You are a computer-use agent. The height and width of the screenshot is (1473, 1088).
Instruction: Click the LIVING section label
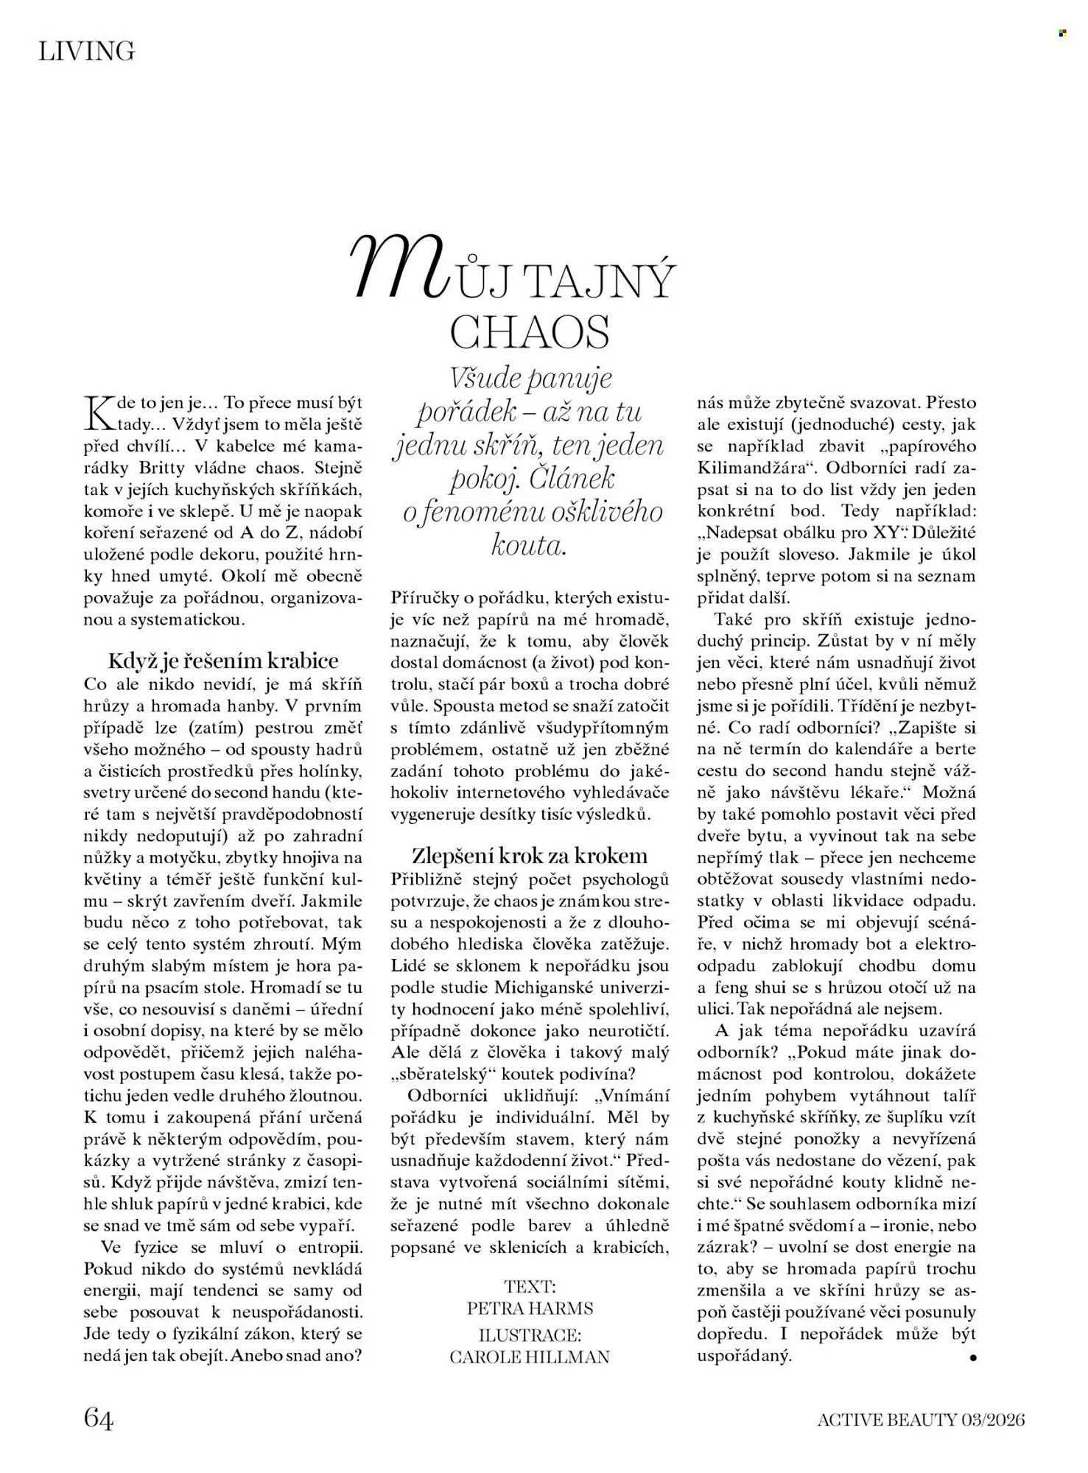coord(87,51)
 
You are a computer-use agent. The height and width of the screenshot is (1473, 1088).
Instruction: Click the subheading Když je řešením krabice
coord(222,660)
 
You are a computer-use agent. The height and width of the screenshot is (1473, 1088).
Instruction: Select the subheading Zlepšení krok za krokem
coord(529,856)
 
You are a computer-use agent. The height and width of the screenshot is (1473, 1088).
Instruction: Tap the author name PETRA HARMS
coord(529,1309)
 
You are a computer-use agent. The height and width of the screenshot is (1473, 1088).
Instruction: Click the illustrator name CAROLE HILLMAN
coord(529,1357)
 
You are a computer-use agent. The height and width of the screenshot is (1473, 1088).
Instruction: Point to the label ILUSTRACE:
coord(529,1335)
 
